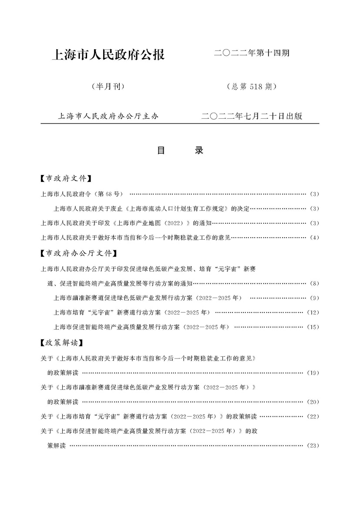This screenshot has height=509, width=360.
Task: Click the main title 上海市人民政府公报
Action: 108,55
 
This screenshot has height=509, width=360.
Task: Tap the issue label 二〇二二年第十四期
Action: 252,54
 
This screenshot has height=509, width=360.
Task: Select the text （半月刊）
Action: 108,86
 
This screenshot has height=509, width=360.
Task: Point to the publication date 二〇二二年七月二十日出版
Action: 252,116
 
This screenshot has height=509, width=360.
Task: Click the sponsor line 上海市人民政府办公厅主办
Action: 108,116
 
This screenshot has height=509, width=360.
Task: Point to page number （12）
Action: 313,312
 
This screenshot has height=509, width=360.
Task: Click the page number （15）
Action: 313,327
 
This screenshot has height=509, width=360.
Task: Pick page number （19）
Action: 313,373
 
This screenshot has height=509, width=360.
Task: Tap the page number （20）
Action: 313,402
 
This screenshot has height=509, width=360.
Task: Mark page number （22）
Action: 313,416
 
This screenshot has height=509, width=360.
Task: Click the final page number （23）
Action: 313,445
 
